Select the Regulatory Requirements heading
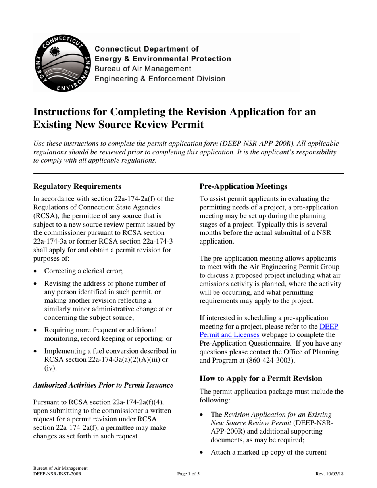point(77,186)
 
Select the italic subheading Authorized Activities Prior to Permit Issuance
point(103,385)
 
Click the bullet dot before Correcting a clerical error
point(37,271)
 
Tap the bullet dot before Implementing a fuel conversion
point(37,352)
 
